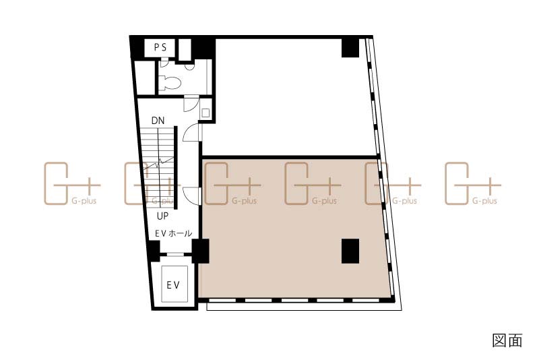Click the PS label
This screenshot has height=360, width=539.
(x=160, y=47)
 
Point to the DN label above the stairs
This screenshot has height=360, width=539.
(x=158, y=121)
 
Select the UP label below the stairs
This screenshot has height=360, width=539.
(x=162, y=216)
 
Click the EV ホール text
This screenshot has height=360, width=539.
(x=174, y=233)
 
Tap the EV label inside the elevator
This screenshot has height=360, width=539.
(x=173, y=285)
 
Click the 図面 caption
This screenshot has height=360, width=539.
(x=507, y=340)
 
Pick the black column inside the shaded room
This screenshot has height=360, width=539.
(x=350, y=251)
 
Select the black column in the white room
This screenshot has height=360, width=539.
(x=350, y=48)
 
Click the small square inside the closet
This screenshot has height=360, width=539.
(x=205, y=113)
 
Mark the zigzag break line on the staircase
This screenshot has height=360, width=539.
(x=159, y=163)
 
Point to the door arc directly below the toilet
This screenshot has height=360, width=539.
(x=191, y=104)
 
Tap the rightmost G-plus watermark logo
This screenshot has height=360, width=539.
(x=473, y=183)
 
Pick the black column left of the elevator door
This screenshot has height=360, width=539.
(x=154, y=251)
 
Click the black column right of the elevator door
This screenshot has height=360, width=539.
(x=200, y=251)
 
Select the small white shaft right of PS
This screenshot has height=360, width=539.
(x=185, y=50)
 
